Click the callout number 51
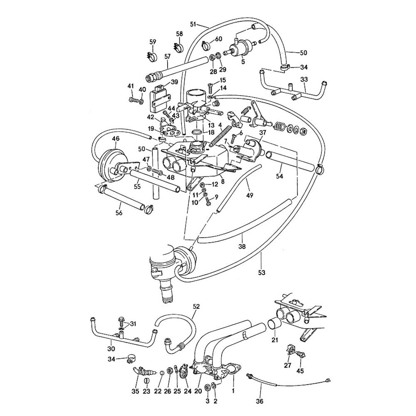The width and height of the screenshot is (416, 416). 193,23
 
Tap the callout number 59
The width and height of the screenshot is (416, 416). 153,42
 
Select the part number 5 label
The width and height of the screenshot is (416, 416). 243,62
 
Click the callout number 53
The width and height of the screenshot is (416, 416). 261,272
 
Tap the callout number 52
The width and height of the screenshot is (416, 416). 197,307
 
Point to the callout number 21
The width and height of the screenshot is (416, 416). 275,340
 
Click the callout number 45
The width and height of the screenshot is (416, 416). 300,370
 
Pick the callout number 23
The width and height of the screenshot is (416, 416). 146,391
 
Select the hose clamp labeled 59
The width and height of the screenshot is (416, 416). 153,56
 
